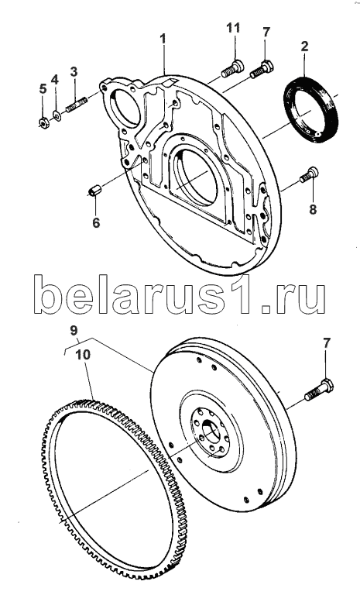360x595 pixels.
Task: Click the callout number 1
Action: [163, 38]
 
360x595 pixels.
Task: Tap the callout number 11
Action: [234, 28]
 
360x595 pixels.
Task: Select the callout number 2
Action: [304, 46]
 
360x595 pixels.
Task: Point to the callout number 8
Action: [313, 209]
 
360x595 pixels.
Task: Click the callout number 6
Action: [96, 223]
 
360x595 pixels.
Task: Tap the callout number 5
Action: [43, 89]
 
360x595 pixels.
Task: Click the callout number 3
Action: [74, 71]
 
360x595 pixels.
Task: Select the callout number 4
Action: [55, 80]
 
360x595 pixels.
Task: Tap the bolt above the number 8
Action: [309, 175]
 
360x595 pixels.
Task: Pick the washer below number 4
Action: [57, 115]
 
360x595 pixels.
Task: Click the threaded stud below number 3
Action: [77, 105]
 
